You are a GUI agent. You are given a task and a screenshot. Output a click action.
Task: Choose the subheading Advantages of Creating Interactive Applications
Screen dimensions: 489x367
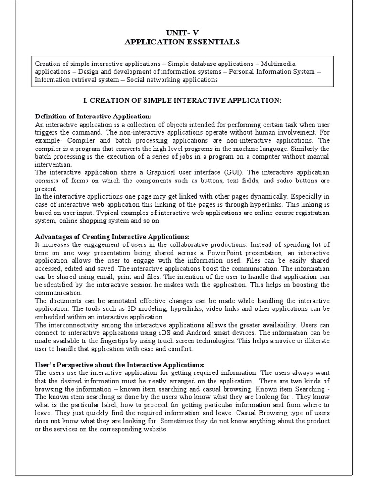112,237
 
